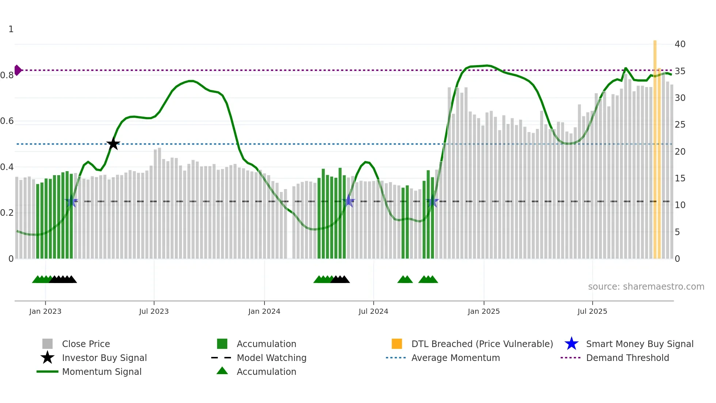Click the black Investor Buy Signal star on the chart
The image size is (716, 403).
(113, 144)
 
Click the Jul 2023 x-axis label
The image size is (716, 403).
(154, 311)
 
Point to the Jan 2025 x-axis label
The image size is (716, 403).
(484, 311)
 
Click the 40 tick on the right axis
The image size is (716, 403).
(680, 44)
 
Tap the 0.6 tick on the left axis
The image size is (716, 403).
(7, 121)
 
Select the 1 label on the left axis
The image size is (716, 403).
(11, 29)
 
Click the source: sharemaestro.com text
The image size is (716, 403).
(646, 287)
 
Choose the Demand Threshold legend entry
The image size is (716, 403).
(627, 358)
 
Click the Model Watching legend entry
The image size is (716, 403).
(271, 358)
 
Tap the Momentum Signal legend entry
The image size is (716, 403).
(102, 372)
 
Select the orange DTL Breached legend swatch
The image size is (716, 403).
(397, 344)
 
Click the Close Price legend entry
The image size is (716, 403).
(85, 344)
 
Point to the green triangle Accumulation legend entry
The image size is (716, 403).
(266, 372)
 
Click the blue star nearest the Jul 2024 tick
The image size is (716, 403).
(349, 201)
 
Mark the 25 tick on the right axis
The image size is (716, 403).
(680, 125)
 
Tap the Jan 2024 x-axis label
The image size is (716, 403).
(264, 311)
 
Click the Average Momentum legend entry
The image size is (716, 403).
(455, 358)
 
